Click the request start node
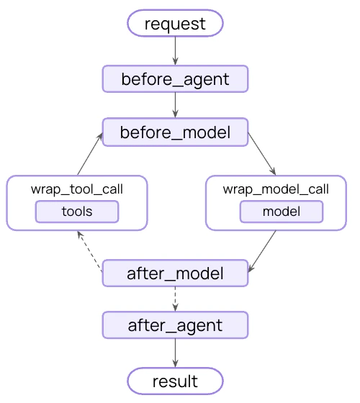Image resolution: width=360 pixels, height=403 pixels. point(175,24)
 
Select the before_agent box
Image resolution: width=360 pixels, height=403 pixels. point(175,79)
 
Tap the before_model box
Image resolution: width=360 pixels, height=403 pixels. point(175,132)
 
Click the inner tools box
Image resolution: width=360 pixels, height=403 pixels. point(77,212)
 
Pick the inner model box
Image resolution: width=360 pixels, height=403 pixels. point(281,212)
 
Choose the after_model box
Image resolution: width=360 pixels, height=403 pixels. point(175,273)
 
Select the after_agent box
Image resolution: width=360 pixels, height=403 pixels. point(175,325)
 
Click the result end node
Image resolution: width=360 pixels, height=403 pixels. point(175,380)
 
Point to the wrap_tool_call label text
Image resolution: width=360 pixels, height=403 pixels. point(77,189)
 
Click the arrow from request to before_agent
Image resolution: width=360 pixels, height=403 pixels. point(175,50)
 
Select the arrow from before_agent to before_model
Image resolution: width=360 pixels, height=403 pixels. point(175,105)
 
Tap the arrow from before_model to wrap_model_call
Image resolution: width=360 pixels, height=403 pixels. point(262,154)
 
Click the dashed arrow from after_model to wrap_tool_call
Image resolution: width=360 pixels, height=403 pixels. point(89,252)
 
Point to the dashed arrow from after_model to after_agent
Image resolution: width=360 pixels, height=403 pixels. point(175,299)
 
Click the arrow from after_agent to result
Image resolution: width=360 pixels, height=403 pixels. point(175,353)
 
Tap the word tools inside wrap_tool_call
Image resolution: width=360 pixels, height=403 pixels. point(77,212)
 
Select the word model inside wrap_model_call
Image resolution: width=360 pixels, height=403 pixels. point(281,212)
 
